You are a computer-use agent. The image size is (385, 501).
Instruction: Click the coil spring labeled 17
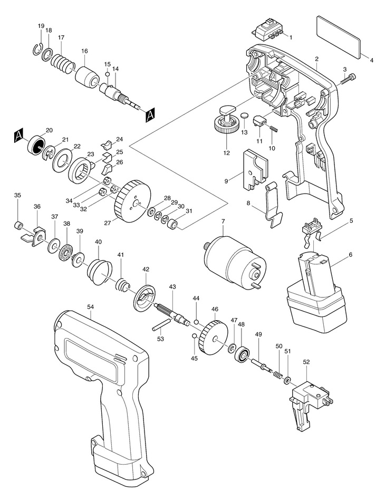coord(62,64)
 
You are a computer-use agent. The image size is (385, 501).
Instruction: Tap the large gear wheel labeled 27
coord(128,200)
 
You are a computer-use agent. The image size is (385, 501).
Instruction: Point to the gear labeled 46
coord(213,336)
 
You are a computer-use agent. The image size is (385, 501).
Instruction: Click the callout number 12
coord(227,153)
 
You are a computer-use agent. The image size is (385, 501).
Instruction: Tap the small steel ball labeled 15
coord(107,74)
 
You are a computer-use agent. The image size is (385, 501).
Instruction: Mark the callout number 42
coord(146,269)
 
